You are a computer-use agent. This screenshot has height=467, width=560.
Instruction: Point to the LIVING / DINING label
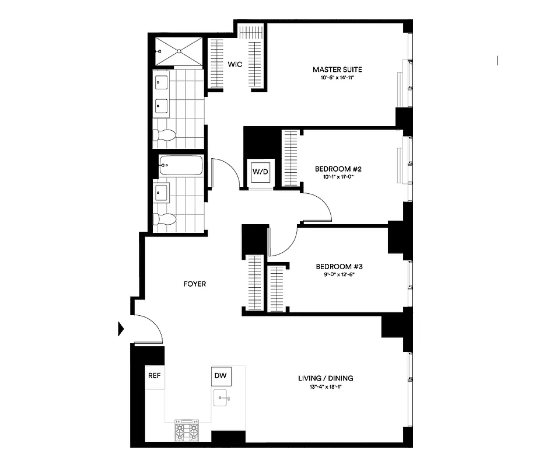tap(326, 378)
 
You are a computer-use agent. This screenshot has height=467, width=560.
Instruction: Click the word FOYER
tap(194, 284)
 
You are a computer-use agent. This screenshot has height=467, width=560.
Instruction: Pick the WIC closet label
tap(235, 64)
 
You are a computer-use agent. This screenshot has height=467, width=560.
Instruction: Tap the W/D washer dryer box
tap(260, 172)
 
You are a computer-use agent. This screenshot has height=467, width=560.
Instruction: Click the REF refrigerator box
tap(155, 377)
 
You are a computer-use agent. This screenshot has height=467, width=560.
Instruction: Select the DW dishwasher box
tap(221, 376)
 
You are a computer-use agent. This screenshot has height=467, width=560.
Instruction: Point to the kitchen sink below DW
tap(222, 399)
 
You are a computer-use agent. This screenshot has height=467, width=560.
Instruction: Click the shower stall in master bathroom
tap(179, 53)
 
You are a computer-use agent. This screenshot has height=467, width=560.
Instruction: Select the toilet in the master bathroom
tap(164, 135)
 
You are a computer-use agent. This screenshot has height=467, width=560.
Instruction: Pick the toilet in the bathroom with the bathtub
tap(164, 219)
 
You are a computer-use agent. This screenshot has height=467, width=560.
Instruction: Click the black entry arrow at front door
tap(121, 329)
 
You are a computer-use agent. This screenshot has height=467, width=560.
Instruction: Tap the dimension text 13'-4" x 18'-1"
tap(326, 388)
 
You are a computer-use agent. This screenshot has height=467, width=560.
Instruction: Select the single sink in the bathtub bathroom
tap(161, 190)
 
